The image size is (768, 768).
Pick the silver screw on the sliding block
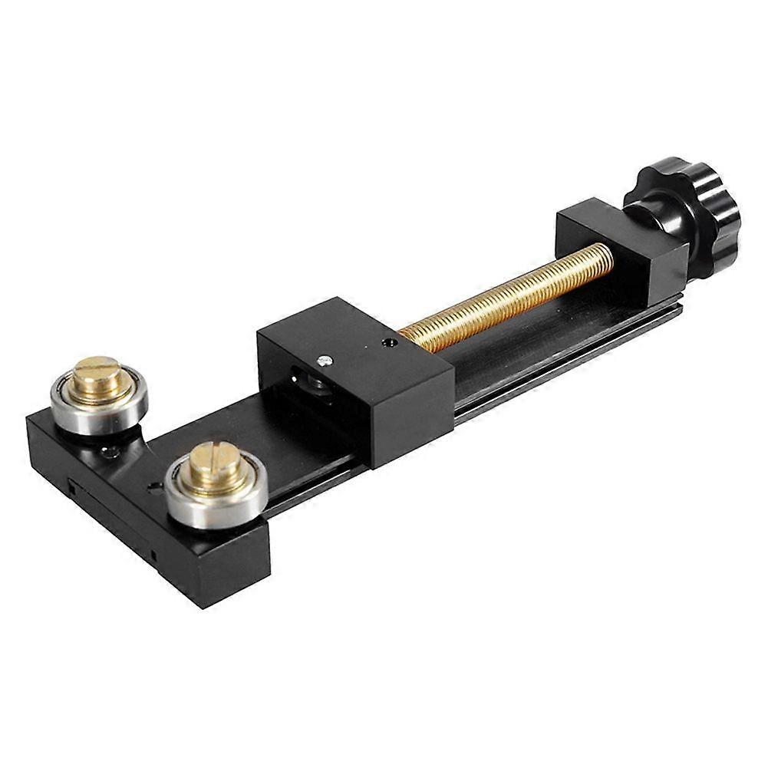click(x=324, y=360)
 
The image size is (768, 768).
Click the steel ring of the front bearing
click(x=184, y=506)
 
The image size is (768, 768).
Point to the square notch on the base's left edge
click(x=71, y=486)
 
